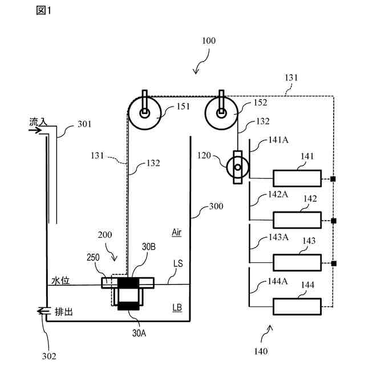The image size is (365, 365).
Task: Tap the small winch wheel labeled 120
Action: (238, 167)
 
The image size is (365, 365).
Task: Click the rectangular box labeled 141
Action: (297, 179)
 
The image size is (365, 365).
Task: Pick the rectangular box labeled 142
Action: (297, 220)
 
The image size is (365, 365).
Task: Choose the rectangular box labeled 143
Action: (297, 263)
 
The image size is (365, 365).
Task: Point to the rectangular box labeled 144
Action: (297, 307)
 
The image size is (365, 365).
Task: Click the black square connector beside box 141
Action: (333, 179)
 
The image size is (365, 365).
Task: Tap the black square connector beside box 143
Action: (334, 263)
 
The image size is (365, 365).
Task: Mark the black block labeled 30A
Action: (128, 306)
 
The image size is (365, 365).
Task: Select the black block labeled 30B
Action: (128, 283)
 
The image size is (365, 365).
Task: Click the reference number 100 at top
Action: (209, 40)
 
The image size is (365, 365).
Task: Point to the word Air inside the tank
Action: (177, 233)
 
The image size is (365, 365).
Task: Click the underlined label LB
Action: (177, 308)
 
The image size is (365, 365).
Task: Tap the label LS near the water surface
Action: (178, 263)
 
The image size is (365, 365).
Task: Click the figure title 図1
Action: (43, 10)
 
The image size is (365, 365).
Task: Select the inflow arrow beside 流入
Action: (35, 130)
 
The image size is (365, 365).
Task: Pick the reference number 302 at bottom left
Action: (49, 356)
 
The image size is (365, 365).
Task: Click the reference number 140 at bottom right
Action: (261, 351)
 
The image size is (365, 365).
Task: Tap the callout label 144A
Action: (278, 281)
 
